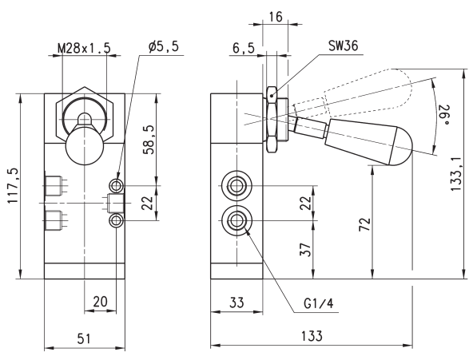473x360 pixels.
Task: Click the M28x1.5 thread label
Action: coord(84,48)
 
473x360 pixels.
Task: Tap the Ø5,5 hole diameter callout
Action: coord(164,46)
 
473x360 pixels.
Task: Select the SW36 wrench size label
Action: coord(343,45)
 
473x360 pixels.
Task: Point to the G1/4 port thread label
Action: coord(319,304)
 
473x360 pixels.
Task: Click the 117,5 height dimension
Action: coord(14,186)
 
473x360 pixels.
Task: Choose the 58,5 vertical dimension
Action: coord(149,140)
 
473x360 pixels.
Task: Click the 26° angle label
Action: coord(443,114)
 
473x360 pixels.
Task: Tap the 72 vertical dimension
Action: coord(364,224)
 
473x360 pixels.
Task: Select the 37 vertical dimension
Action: coord(305,249)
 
